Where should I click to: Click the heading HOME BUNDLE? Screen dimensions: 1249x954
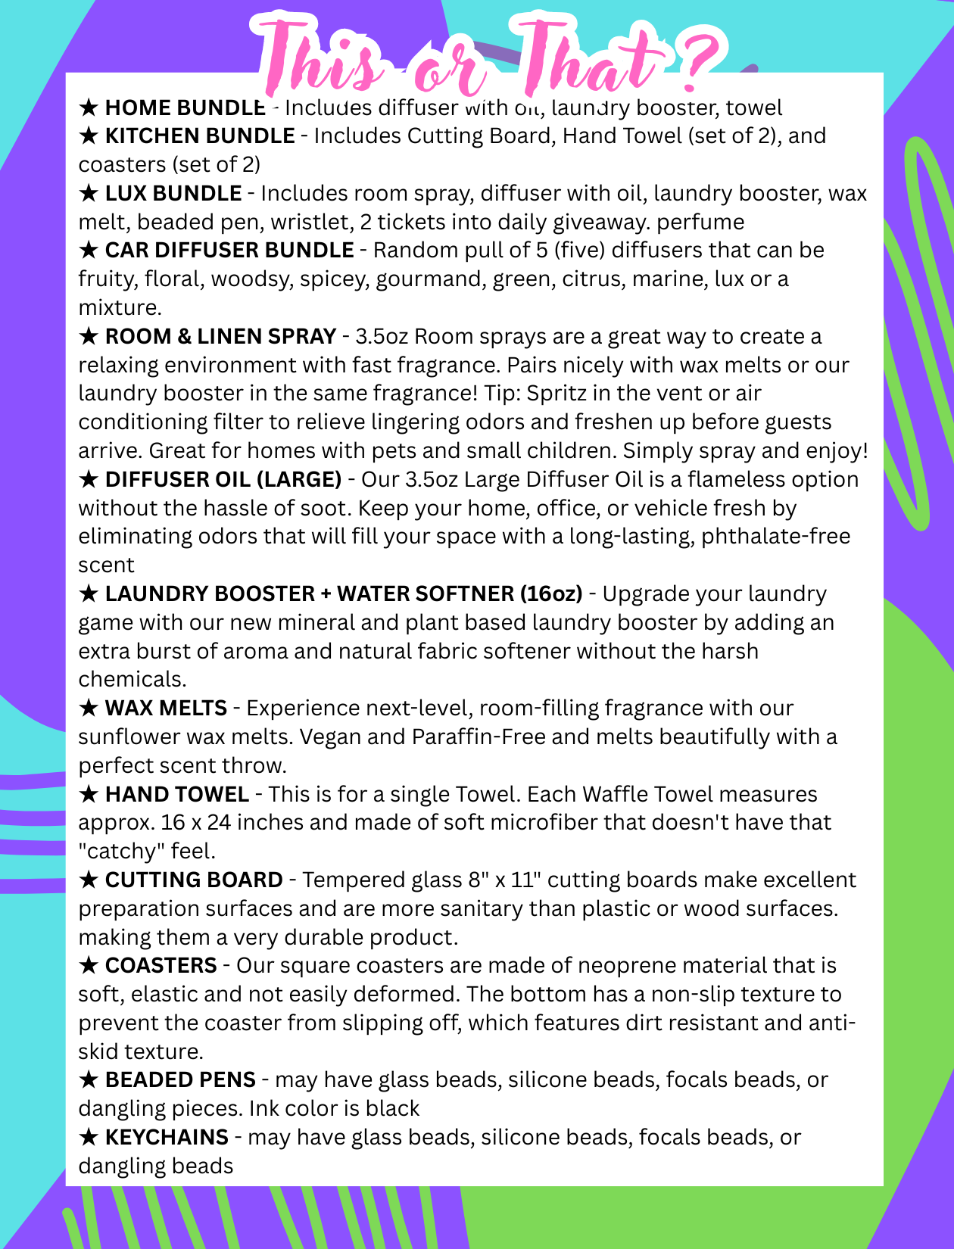[x=185, y=108]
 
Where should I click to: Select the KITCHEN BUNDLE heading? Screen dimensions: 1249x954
[x=200, y=136]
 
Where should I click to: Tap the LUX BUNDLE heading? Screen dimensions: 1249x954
[x=173, y=194]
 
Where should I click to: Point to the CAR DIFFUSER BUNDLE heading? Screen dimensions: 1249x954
[x=229, y=251]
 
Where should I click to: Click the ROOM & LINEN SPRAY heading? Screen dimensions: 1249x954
[x=220, y=337]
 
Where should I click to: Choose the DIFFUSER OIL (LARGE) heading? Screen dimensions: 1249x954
[x=223, y=480]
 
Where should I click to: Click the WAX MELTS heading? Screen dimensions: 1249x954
[x=166, y=709]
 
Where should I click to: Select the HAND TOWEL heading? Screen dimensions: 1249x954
[x=177, y=795]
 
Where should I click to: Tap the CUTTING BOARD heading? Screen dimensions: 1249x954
[x=194, y=880]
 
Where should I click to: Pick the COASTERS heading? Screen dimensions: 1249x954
[x=161, y=966]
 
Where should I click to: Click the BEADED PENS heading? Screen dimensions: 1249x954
[x=180, y=1080]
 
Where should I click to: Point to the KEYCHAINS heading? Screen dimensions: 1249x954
[x=167, y=1138]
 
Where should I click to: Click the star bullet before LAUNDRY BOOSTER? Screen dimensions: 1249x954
[x=89, y=594]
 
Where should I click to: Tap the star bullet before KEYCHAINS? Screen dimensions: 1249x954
[x=89, y=1138]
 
